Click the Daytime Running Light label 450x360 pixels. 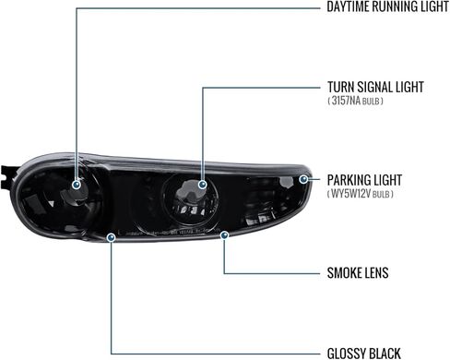(387, 6)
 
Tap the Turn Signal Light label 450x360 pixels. (375, 87)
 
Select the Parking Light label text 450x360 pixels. (364, 180)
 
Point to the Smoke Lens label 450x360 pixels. (358, 273)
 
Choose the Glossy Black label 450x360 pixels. (364, 354)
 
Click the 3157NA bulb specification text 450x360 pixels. (355, 101)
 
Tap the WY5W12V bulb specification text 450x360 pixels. (361, 194)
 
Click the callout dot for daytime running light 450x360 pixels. (77, 185)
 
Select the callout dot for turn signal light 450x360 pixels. (202, 185)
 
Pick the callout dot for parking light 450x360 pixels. (303, 179)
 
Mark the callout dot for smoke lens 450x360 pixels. (225, 235)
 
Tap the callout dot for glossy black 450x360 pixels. (111, 237)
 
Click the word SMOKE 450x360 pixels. (344, 273)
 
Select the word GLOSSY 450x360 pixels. (346, 354)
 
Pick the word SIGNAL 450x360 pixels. (374, 87)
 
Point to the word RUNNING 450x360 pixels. (397, 6)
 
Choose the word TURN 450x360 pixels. (341, 87)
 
